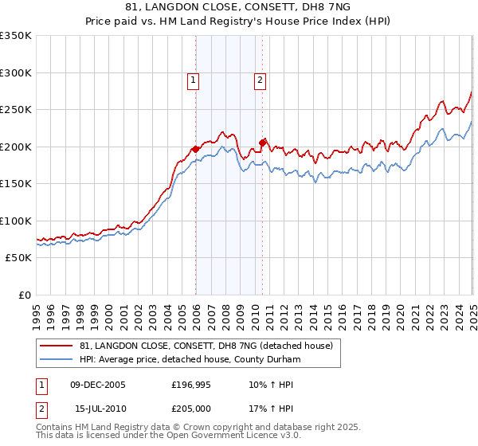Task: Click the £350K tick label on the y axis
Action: click(16, 36)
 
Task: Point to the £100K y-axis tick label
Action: click(16, 221)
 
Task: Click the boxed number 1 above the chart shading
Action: click(194, 79)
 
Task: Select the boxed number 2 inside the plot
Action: click(261, 79)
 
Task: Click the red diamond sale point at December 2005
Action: click(195, 149)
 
